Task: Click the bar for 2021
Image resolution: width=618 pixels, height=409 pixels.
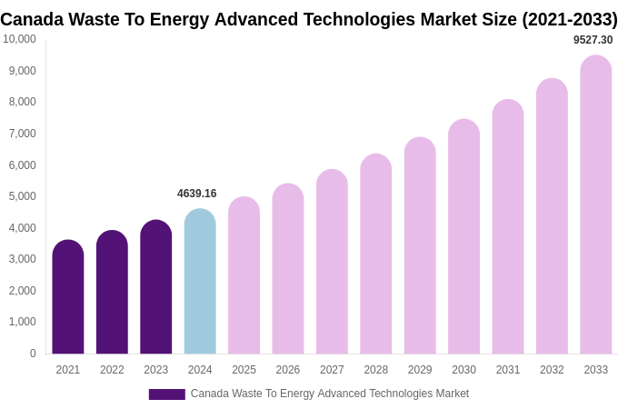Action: pyautogui.click(x=68, y=297)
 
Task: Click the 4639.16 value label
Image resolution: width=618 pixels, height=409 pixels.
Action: pyautogui.click(x=197, y=194)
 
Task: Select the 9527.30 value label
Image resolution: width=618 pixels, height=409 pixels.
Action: pyautogui.click(x=593, y=40)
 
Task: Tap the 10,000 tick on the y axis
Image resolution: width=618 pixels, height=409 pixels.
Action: pyautogui.click(x=20, y=39)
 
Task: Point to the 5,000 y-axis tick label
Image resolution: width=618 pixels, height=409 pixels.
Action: pyautogui.click(x=23, y=196)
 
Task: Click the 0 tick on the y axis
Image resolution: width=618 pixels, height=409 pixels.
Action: pyautogui.click(x=33, y=354)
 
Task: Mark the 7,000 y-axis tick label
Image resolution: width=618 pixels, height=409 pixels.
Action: pyautogui.click(x=23, y=134)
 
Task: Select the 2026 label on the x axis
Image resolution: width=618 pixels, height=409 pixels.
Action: pyautogui.click(x=288, y=370)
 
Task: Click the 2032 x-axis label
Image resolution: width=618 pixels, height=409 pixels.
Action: pyautogui.click(x=552, y=370)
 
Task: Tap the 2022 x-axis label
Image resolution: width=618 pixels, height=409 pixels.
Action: pyautogui.click(x=112, y=370)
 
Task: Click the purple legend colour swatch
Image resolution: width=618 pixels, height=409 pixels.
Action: pyautogui.click(x=166, y=394)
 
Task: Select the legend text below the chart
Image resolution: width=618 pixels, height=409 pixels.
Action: pyautogui.click(x=330, y=394)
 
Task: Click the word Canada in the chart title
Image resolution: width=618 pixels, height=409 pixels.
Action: pyautogui.click(x=31, y=19)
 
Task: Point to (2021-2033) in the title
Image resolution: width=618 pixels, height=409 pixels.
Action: pyautogui.click(x=569, y=19)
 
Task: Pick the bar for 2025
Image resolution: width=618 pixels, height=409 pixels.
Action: pyautogui.click(x=244, y=275)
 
